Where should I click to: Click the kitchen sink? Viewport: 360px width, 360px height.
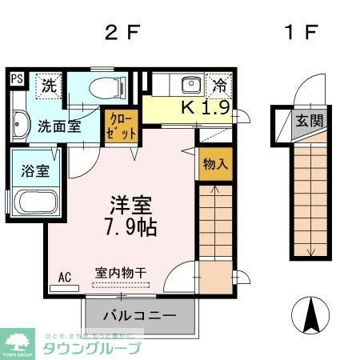tap(191, 85)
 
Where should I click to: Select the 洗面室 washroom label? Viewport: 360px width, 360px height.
tap(60, 126)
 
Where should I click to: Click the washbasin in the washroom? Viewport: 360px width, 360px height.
tap(19, 125)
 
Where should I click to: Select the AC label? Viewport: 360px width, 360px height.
tap(65, 277)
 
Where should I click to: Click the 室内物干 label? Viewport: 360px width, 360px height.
tap(121, 272)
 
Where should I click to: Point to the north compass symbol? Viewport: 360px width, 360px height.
tap(311, 316)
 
